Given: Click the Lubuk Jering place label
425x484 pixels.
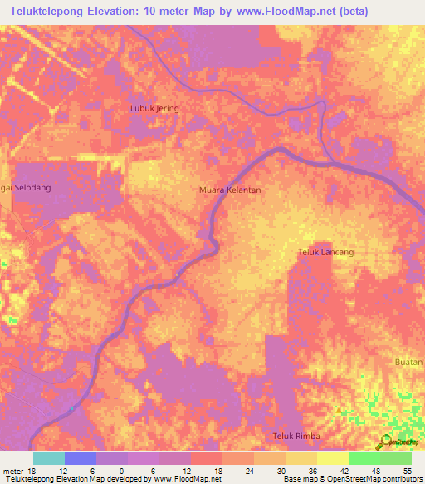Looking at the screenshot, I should point(155,108).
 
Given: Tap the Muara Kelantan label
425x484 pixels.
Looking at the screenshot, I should point(230,190).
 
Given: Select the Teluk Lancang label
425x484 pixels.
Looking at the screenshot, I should point(326,252).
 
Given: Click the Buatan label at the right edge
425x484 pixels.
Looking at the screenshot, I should point(410,363).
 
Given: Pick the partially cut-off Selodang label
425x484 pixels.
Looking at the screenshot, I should point(26,188).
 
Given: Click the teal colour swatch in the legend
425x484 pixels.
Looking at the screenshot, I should point(48,458).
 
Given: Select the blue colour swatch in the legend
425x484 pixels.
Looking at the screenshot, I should point(80,458).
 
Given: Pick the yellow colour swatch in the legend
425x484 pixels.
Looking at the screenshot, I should point(332,458).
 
